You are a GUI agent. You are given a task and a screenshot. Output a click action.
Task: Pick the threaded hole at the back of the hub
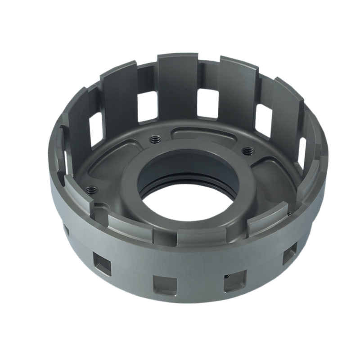point(156,138)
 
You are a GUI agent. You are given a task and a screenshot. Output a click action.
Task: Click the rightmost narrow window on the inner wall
point(302,151)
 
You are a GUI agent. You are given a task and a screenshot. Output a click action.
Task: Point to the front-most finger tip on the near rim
point(169,234)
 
